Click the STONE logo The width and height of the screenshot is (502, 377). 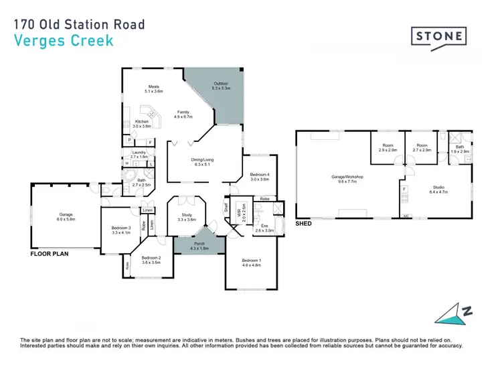[x=438, y=35]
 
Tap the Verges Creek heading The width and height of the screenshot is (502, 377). [x=64, y=40]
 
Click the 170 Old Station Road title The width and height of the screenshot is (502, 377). [x=78, y=25]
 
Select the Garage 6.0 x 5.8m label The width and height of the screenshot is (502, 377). [x=66, y=217]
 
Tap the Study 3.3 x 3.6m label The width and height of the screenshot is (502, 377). [x=186, y=218]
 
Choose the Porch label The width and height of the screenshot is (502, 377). [x=199, y=246]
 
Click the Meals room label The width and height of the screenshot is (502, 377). [x=155, y=88]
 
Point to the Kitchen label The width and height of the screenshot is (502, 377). [x=143, y=124]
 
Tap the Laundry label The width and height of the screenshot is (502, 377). [x=139, y=155]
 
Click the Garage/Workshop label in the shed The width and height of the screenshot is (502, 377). [x=347, y=179]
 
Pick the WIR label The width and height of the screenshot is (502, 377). [x=238, y=215]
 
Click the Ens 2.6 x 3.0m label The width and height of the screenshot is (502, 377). [x=264, y=228]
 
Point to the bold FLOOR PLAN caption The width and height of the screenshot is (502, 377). [x=50, y=255]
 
